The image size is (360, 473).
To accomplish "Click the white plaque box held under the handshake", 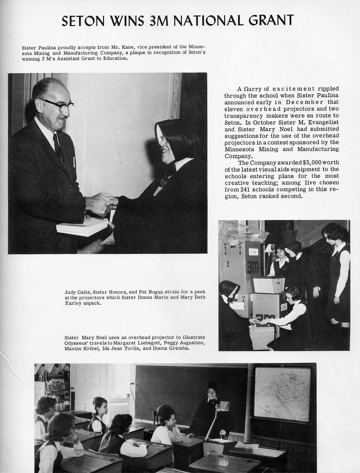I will pos(82,227).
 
